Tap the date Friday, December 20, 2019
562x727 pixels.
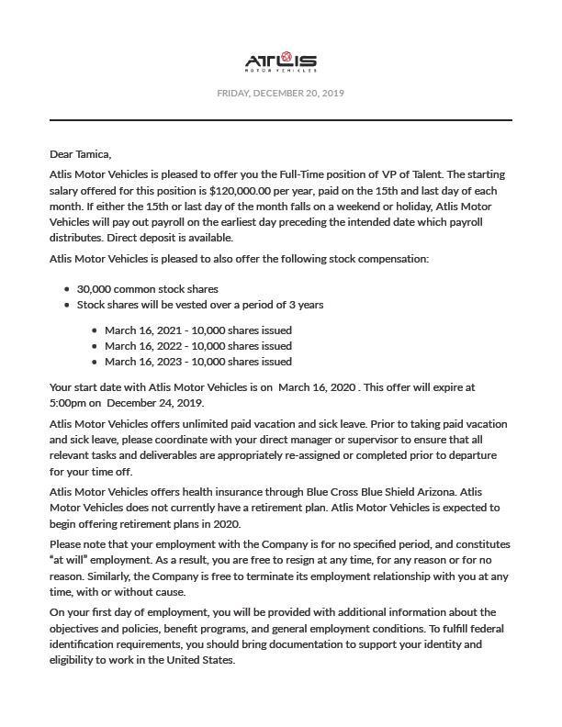(x=280, y=93)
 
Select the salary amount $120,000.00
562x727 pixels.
(x=248, y=190)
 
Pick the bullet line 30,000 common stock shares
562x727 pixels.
(x=148, y=288)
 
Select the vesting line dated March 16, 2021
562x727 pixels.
(x=197, y=330)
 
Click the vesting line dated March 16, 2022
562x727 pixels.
(x=197, y=345)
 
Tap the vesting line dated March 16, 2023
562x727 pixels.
(x=197, y=361)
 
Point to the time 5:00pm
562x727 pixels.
(x=70, y=403)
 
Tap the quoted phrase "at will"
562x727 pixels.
(x=70, y=560)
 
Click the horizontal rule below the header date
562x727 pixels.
(x=280, y=120)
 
